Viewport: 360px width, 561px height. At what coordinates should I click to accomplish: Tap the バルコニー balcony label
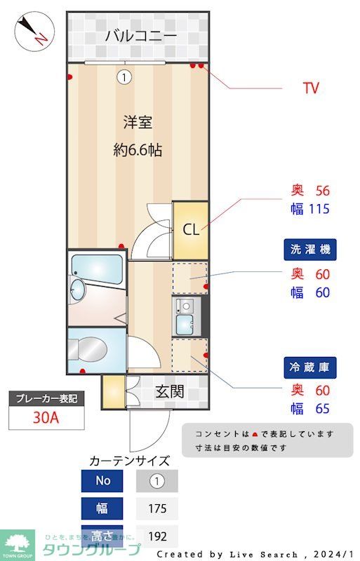click(140, 36)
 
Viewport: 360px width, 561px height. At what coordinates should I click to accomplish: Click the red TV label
click(311, 88)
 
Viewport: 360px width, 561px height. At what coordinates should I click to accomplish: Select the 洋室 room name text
click(138, 123)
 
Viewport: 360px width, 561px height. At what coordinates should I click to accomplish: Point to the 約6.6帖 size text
click(138, 149)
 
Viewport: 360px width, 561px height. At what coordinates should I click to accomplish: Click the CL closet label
click(191, 229)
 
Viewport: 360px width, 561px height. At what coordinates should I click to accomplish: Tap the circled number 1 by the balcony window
click(124, 77)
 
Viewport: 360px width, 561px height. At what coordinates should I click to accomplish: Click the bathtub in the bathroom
click(97, 266)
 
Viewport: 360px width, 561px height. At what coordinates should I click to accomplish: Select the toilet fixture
click(88, 348)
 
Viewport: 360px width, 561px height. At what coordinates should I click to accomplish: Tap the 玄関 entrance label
click(169, 391)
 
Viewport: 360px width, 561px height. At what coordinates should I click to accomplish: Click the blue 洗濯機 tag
click(310, 249)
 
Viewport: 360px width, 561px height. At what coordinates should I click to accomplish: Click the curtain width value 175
click(157, 508)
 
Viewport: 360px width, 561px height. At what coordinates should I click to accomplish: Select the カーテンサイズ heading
click(130, 461)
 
